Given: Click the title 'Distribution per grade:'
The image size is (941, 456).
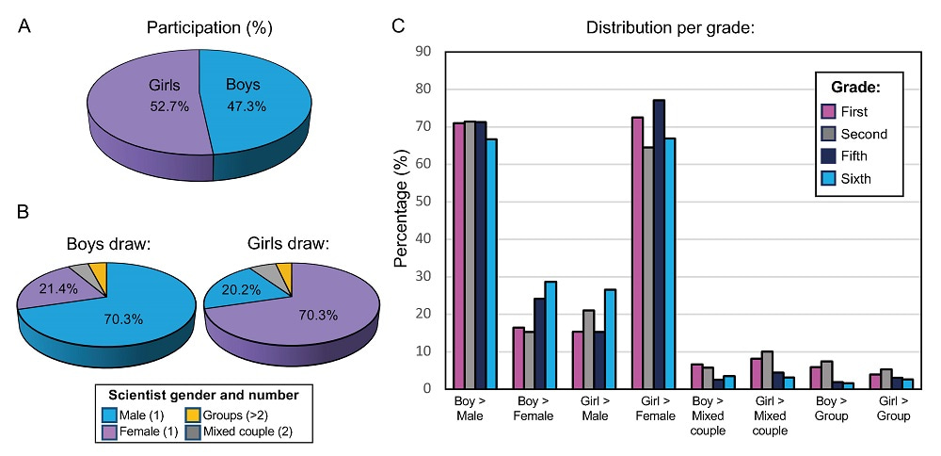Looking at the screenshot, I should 670,27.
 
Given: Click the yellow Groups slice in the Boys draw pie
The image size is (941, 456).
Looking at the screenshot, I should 99,273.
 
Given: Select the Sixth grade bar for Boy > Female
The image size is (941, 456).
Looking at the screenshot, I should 551,334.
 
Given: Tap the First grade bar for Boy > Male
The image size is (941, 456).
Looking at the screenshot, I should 458,254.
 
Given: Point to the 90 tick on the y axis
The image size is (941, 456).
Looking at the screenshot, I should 426,51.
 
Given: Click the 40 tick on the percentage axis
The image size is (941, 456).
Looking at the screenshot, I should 426,238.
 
